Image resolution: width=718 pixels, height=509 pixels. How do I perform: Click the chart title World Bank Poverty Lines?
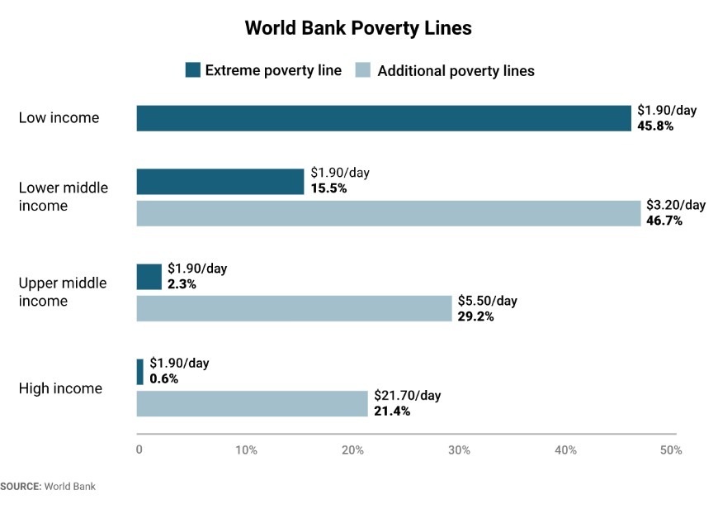coord(358,28)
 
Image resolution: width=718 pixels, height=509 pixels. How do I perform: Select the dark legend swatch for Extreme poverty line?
coord(192,70)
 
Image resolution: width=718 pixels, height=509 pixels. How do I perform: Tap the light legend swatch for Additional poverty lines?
coord(363,70)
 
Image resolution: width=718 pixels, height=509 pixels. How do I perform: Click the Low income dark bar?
coord(384,118)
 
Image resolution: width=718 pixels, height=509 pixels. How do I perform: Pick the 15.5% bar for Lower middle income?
coord(220,182)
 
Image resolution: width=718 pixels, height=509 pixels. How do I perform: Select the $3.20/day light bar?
coord(388,213)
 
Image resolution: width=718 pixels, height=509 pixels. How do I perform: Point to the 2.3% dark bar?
coord(149,277)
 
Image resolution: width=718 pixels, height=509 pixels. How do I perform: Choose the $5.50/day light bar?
coord(294,308)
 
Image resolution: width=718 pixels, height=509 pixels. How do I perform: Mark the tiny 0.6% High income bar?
coord(140,372)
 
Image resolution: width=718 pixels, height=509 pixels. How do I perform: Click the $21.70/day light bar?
coord(252,403)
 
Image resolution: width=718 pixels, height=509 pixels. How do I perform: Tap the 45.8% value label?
coord(655,126)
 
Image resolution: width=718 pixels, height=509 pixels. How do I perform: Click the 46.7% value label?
coord(664,221)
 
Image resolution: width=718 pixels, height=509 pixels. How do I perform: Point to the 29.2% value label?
coord(475,316)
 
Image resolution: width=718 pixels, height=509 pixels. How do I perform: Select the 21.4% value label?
coord(392,411)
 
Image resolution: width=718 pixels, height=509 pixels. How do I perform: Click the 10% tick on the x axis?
coord(246,450)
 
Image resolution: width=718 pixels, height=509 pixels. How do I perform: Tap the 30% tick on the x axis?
coord(459,450)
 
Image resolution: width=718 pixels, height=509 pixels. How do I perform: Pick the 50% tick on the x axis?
coord(671,450)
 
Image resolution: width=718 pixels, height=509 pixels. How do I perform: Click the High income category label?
coord(60,388)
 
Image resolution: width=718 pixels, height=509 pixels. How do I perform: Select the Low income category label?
coord(59,118)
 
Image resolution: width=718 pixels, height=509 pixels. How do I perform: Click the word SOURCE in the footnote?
coord(20,486)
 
